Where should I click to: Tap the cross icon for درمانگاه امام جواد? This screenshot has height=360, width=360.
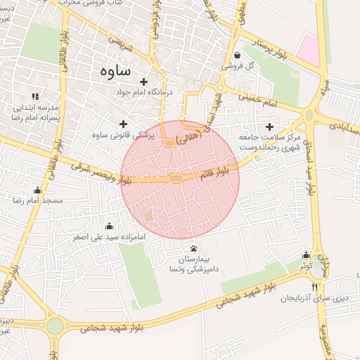[144, 82]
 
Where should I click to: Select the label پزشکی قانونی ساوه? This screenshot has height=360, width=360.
[123, 133]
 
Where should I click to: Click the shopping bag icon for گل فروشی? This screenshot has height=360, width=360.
[237, 56]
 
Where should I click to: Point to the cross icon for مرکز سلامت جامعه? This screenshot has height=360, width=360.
[269, 127]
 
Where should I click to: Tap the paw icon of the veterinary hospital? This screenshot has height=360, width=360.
[193, 249]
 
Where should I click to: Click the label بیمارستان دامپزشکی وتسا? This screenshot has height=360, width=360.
[193, 264]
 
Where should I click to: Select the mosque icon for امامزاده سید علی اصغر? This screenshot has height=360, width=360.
[109, 226]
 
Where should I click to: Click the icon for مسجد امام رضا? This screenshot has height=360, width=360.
[37, 190]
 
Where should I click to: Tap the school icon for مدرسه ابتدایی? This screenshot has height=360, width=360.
[34, 96]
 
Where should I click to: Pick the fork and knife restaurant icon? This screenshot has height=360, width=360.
[314, 287]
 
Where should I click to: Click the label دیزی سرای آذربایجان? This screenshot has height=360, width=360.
[314, 299]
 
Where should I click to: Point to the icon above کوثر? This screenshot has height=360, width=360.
[306, 255]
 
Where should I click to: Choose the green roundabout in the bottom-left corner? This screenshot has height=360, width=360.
[55, 326]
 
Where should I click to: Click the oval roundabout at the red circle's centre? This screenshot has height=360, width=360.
[175, 179]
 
